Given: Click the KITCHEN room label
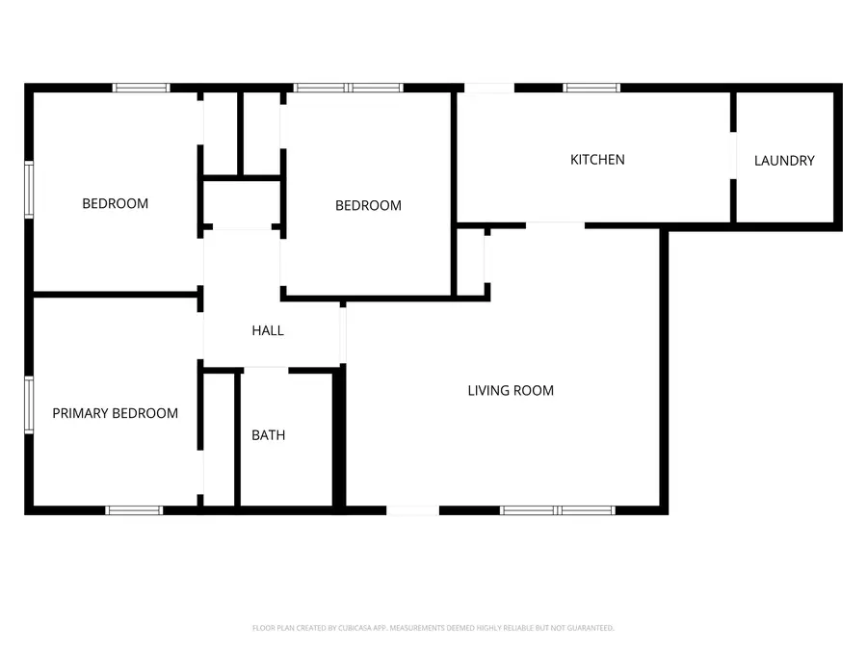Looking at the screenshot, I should click(x=597, y=160).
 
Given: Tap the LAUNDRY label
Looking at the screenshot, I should click(x=784, y=161).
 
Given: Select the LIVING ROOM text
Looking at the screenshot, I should click(x=511, y=390).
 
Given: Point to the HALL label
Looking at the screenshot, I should click(x=268, y=330).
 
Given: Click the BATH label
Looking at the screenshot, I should click(x=268, y=435).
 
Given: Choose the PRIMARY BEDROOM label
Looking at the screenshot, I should click(x=115, y=413).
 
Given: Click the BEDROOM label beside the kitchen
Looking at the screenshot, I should click(x=368, y=205).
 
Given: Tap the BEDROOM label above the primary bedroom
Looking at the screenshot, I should click(x=115, y=203).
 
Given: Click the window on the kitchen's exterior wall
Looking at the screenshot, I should click(x=591, y=89).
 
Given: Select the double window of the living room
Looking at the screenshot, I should click(x=558, y=509).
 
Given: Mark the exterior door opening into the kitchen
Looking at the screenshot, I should click(x=489, y=89).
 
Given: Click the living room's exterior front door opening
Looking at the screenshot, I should click(x=412, y=509).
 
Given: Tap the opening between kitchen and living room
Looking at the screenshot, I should click(x=555, y=225).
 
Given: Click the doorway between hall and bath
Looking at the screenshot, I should click(x=266, y=368).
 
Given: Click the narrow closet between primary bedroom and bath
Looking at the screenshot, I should click(x=220, y=438).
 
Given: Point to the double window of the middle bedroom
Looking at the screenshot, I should click(x=349, y=88).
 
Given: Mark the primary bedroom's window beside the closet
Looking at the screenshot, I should click(x=135, y=509).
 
